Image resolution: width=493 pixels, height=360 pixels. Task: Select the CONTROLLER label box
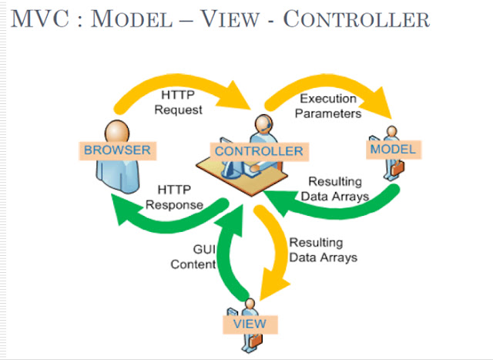coord(258,150)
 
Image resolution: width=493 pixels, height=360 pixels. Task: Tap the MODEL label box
coord(393,149)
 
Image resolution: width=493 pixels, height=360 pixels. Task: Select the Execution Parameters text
coord(330,106)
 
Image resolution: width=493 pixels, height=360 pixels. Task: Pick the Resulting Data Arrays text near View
coord(323,250)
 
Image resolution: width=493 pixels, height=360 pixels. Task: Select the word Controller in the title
coord(356,19)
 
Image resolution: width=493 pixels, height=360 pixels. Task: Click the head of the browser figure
coord(114,127)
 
